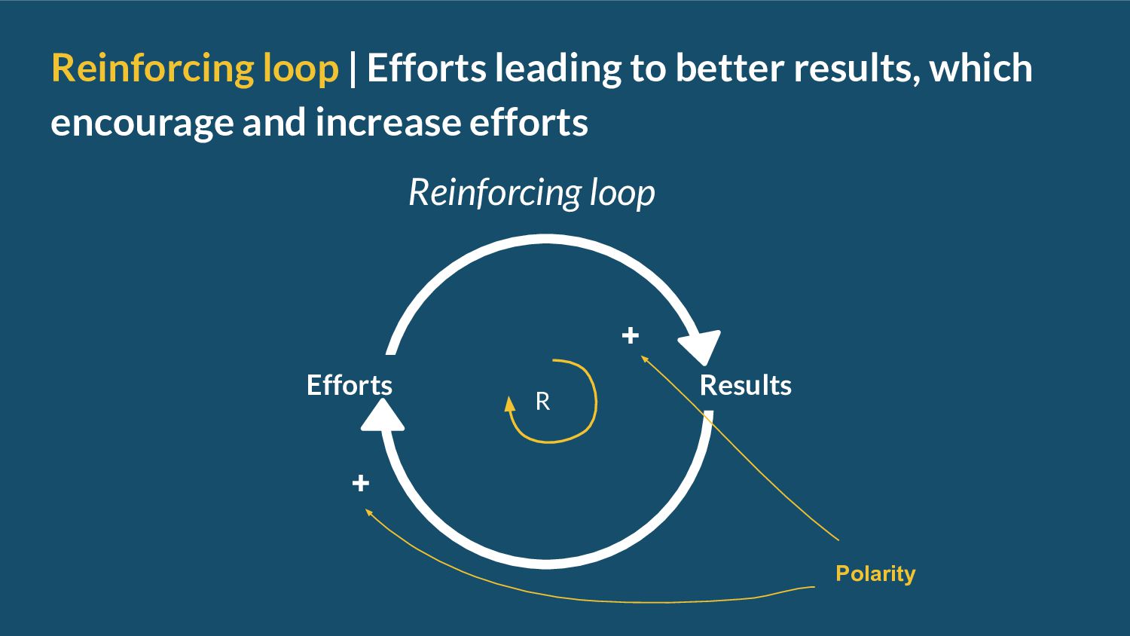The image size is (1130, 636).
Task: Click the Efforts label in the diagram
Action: [x=349, y=385]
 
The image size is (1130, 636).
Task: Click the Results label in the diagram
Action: [x=745, y=385]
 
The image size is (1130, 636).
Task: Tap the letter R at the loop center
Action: [x=542, y=402]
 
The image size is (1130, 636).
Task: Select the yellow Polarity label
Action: [x=875, y=573]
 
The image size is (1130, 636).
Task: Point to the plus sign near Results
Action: [x=631, y=335]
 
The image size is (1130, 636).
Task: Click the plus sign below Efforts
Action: [x=361, y=483]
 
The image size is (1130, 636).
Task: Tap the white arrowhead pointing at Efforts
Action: [x=383, y=416]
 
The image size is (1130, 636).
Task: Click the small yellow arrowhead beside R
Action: [x=510, y=405]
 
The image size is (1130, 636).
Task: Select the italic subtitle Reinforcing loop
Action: [x=531, y=192]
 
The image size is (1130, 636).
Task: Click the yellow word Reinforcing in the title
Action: [x=152, y=68]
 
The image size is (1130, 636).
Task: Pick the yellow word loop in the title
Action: [x=301, y=68]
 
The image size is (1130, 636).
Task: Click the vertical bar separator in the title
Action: [x=353, y=68]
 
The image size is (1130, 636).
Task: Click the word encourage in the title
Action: [x=142, y=122]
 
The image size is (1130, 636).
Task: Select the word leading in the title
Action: [x=558, y=68]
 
